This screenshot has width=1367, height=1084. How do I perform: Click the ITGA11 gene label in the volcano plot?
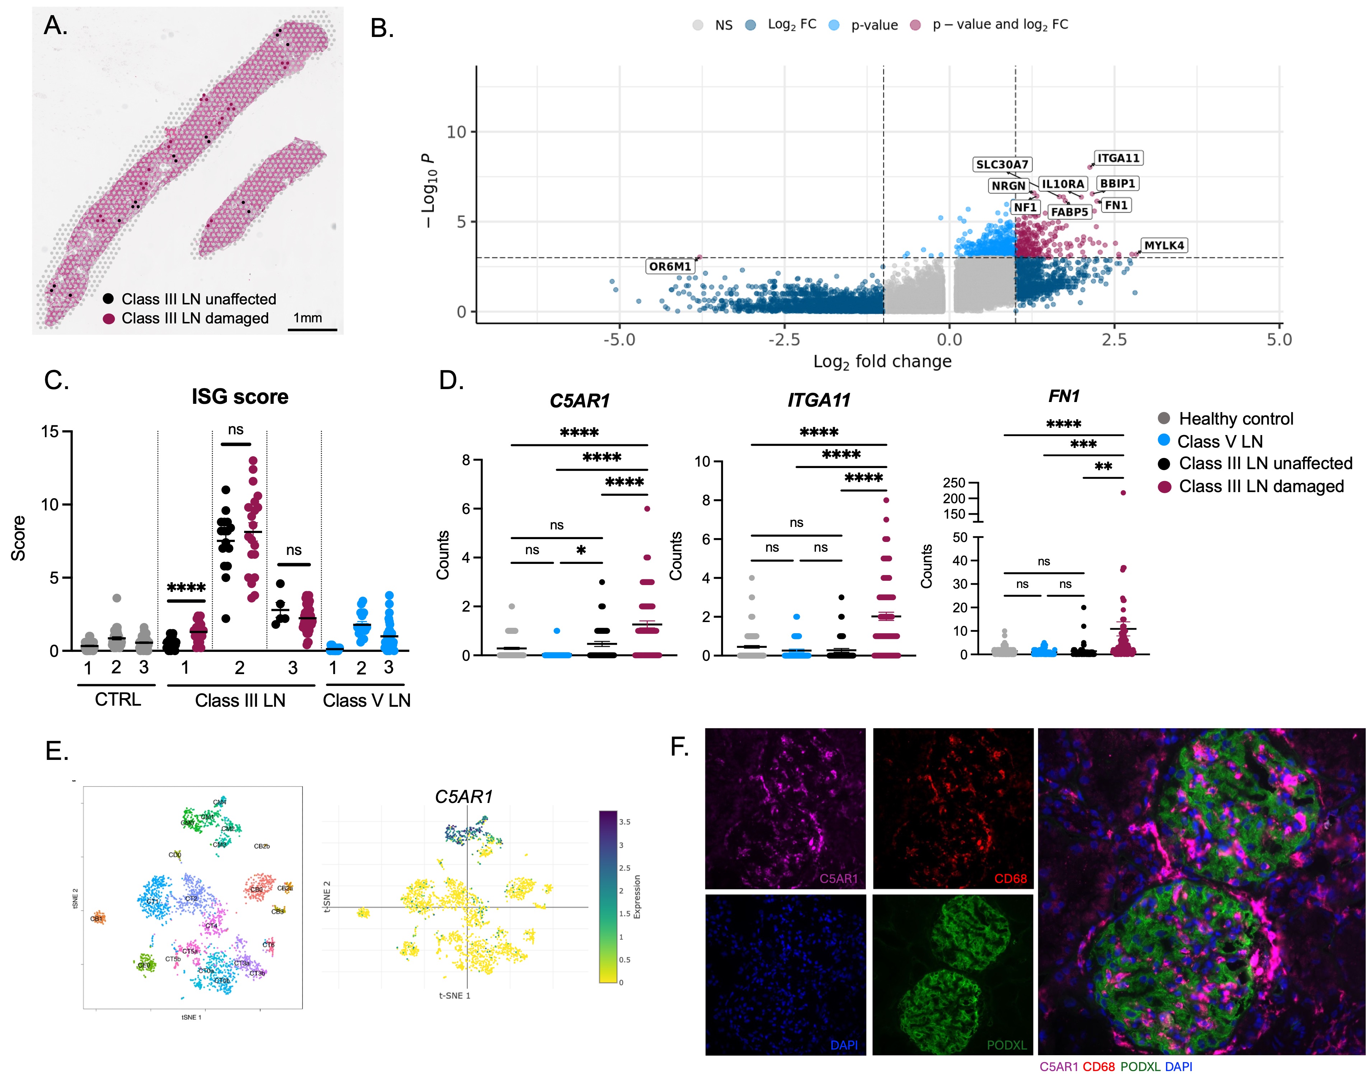(1119, 158)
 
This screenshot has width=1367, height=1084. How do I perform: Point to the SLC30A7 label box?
(1002, 164)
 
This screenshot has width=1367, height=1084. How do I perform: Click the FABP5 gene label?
(1070, 212)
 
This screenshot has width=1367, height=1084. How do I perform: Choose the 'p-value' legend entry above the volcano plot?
(874, 25)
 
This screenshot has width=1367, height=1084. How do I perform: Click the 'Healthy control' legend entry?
(1235, 419)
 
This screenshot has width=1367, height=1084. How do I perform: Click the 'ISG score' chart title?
(240, 397)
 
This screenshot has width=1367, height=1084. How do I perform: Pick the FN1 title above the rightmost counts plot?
(1063, 396)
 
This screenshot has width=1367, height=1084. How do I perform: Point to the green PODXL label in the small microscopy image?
(1006, 1045)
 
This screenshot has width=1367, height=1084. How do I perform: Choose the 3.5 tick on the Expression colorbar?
(625, 822)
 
